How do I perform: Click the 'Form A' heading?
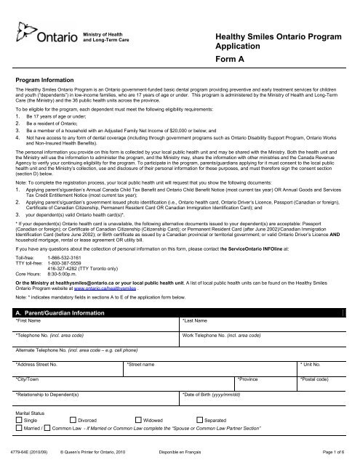click(x=234, y=62)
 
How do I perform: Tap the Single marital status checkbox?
click(x=20, y=421)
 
